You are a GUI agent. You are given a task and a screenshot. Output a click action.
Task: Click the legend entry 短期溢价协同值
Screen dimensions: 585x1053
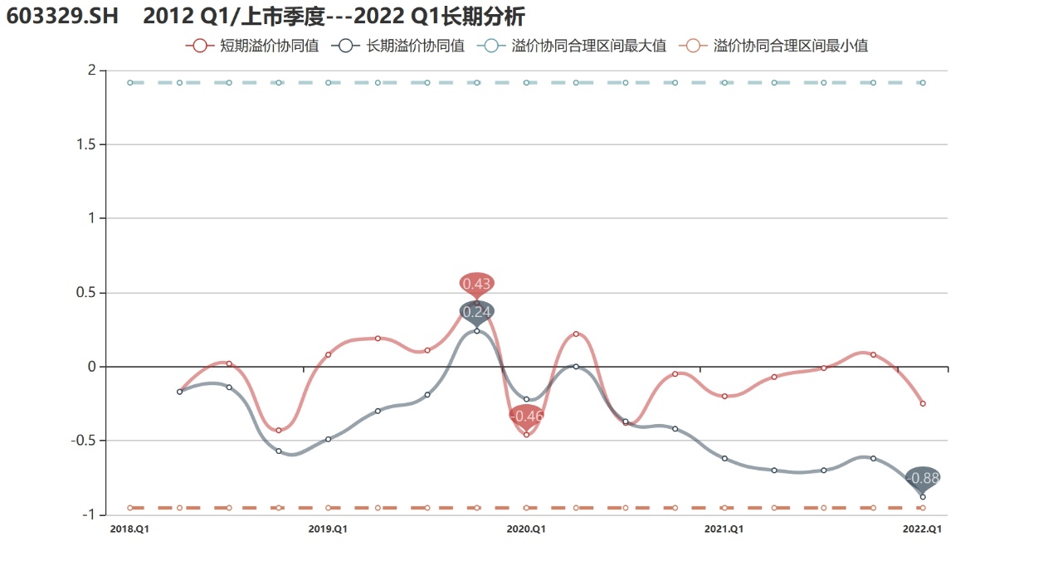(254, 46)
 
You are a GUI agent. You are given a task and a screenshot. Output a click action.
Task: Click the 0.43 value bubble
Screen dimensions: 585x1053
(477, 284)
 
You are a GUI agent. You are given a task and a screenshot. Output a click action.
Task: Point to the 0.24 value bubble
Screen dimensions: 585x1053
(477, 312)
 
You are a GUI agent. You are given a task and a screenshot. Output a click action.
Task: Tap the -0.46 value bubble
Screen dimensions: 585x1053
(527, 416)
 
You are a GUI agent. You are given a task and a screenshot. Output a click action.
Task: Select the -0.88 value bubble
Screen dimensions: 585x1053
(923, 478)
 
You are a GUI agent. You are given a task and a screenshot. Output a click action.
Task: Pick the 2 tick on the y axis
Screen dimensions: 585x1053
(91, 70)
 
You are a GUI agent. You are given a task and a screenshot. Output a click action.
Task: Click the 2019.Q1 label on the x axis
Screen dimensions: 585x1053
(328, 529)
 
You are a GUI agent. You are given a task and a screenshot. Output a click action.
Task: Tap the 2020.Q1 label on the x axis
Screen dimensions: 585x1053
(526, 529)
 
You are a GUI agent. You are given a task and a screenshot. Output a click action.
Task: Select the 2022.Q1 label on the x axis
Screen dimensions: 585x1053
(923, 529)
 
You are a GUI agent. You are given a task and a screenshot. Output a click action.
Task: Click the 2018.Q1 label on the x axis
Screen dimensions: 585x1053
(129, 529)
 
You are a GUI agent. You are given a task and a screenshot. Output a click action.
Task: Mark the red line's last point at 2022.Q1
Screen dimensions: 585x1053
(923, 403)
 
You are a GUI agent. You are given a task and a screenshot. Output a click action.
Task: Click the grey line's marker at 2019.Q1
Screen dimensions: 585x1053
(329, 439)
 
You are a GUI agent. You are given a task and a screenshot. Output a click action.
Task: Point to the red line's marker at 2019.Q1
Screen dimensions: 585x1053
(329, 354)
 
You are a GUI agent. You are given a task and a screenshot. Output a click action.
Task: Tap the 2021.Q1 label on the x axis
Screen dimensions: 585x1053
(724, 529)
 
